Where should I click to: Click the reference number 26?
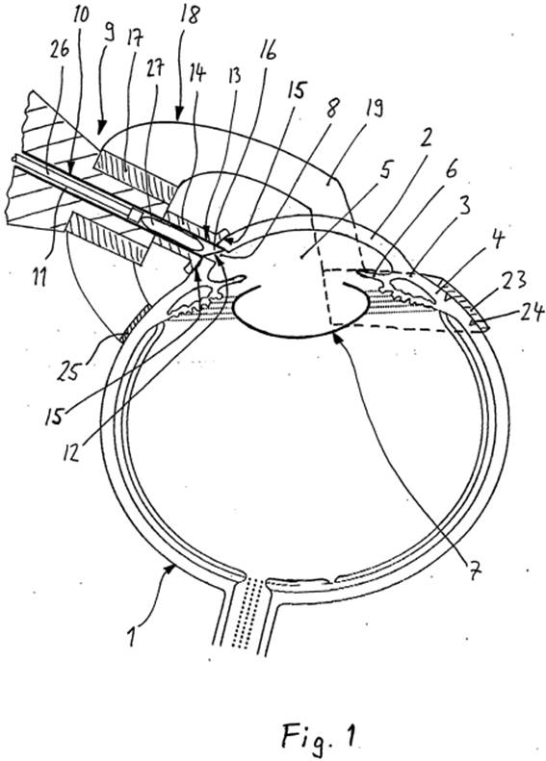tap(60, 50)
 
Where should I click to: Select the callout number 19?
tap(373, 108)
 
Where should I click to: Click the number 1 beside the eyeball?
tap(131, 637)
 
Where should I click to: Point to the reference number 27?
tap(154, 67)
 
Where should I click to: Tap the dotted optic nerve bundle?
tap(248, 613)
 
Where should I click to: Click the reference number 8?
tap(332, 107)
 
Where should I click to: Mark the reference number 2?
tap(426, 140)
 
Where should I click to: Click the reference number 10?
tap(81, 14)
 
